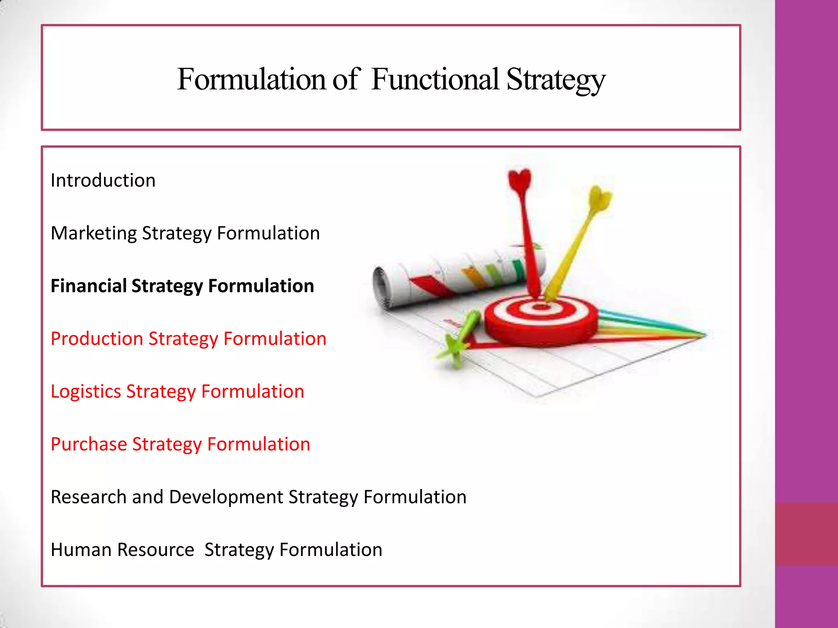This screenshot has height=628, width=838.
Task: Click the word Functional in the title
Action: point(435,79)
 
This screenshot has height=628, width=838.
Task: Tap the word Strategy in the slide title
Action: point(556,80)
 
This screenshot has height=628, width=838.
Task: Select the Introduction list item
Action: point(103,180)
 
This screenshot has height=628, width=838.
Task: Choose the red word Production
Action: point(97,339)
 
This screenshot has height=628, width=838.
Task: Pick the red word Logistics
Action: point(86,392)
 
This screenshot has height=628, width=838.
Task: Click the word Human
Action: point(81,550)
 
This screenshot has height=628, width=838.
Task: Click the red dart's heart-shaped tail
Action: point(520,180)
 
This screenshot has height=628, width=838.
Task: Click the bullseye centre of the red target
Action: point(541,307)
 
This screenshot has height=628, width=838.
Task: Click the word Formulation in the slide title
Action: point(251,79)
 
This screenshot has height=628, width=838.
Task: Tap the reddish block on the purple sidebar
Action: point(806,534)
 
